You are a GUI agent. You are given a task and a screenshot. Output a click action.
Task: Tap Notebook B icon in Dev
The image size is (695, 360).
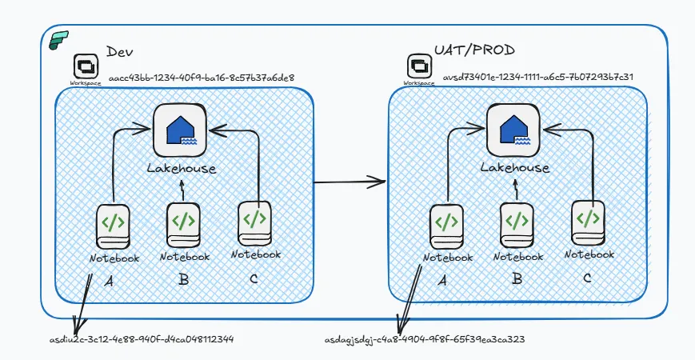[184, 223]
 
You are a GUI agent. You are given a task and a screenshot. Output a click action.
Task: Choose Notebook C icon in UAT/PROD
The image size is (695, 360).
[589, 222]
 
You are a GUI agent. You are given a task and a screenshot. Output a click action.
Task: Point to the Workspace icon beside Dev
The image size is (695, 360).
[86, 66]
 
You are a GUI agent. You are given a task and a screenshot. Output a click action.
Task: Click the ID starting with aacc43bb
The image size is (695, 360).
[202, 78]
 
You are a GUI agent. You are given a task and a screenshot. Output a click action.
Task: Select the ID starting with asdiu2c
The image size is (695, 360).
[142, 338]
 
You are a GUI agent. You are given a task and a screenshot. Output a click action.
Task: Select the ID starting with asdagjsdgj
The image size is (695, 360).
[425, 338]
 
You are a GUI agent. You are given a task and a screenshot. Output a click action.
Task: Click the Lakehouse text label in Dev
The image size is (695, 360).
[182, 168]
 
